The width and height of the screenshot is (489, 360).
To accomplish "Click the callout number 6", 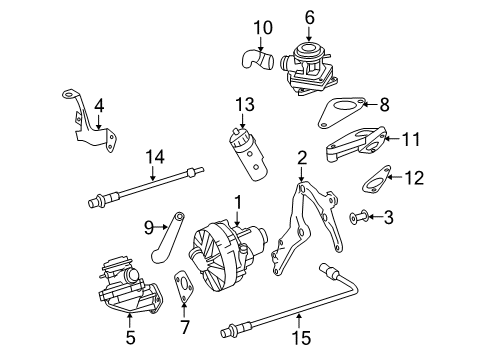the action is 310,18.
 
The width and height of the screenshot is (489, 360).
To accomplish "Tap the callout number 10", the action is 263,28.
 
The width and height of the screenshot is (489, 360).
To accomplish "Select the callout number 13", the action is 245,104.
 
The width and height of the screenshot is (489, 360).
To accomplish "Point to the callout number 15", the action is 302,337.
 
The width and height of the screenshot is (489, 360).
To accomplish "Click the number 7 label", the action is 184,327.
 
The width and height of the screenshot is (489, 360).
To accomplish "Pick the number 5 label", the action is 130,337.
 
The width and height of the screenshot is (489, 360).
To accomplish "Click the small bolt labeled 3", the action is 359,217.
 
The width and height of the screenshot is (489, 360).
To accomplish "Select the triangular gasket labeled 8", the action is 342,112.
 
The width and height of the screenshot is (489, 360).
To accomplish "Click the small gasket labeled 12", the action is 376,180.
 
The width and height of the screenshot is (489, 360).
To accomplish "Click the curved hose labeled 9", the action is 168,236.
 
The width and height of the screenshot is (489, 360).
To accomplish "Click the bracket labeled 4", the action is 89,122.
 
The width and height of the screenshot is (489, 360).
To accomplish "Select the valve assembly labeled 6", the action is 309,68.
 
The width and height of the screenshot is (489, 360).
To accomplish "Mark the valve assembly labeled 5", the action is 130,284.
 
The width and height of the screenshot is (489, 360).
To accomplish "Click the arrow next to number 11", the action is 393,138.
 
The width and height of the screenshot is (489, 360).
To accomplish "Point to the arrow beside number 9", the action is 161,227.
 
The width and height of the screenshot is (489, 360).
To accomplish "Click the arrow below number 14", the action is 153,174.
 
